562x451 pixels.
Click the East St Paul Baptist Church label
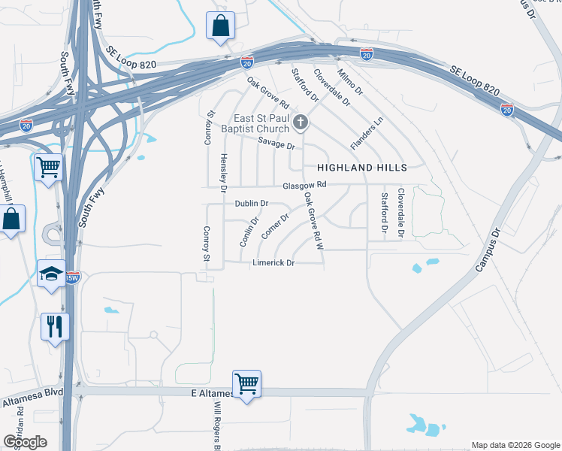point(260,123)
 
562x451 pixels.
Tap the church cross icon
point(301,123)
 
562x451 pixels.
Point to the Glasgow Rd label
point(304,185)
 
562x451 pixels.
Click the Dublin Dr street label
point(251,204)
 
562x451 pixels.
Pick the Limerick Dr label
point(273,263)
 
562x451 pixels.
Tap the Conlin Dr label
point(249,232)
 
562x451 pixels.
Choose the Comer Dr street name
point(275,226)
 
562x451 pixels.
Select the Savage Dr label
point(273,143)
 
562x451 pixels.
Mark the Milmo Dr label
point(350,82)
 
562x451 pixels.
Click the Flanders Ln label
point(367,132)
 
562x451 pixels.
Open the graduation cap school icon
point(52,274)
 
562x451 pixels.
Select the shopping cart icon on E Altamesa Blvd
point(246,384)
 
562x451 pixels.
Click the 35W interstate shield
point(72,277)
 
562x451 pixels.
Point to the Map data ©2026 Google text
point(515,445)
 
